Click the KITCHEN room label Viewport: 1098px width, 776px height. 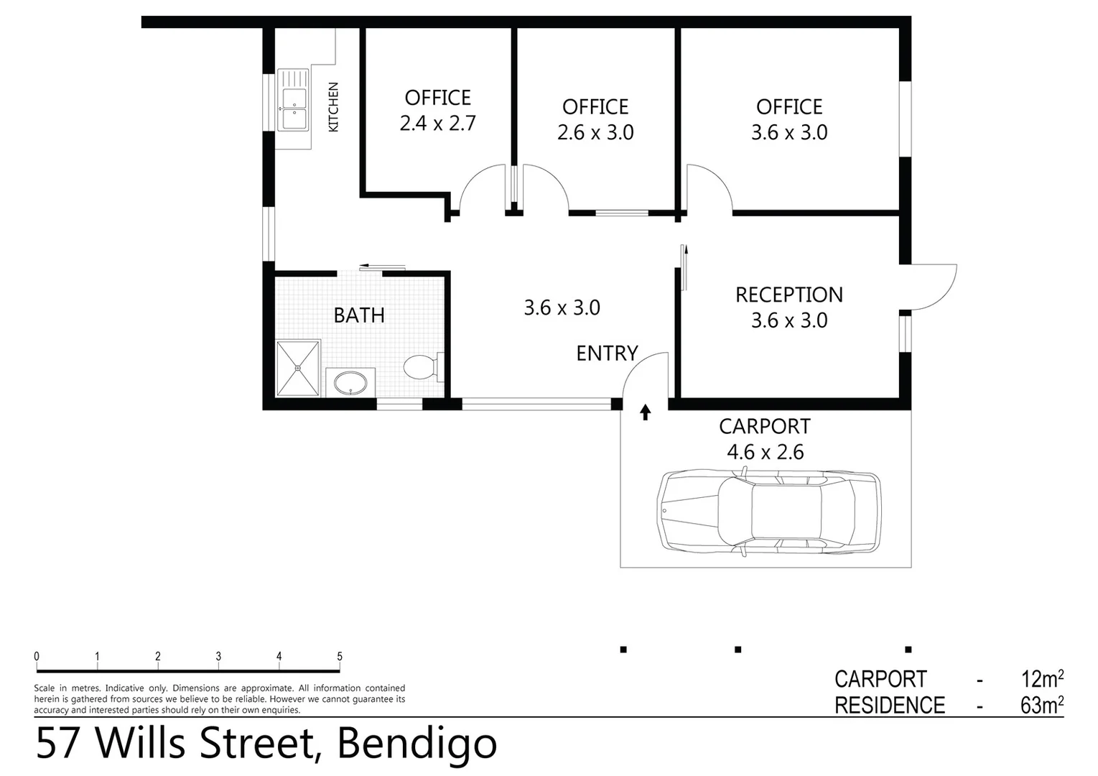point(333,107)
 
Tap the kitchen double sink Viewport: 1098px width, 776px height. point(293,100)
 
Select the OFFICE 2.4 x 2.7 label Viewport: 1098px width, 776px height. point(437,111)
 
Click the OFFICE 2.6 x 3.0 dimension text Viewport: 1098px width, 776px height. point(595,133)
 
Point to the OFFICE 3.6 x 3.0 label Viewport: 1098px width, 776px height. point(789,119)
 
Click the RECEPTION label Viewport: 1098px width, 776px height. point(788,295)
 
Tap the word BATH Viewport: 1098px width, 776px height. point(359,315)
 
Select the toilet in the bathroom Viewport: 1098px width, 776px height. point(422,367)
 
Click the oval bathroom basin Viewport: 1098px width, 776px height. point(350,382)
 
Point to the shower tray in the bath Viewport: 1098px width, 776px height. point(297,368)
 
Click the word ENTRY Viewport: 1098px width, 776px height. point(607,354)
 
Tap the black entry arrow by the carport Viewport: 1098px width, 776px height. point(645,412)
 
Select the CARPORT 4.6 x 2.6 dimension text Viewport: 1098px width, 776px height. point(765,452)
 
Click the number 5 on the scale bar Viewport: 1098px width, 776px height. point(340,656)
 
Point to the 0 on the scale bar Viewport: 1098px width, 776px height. point(37,656)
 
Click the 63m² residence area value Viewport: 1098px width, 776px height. point(1041,705)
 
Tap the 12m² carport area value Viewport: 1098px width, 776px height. point(1041,678)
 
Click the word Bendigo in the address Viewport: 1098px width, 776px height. point(417,744)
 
